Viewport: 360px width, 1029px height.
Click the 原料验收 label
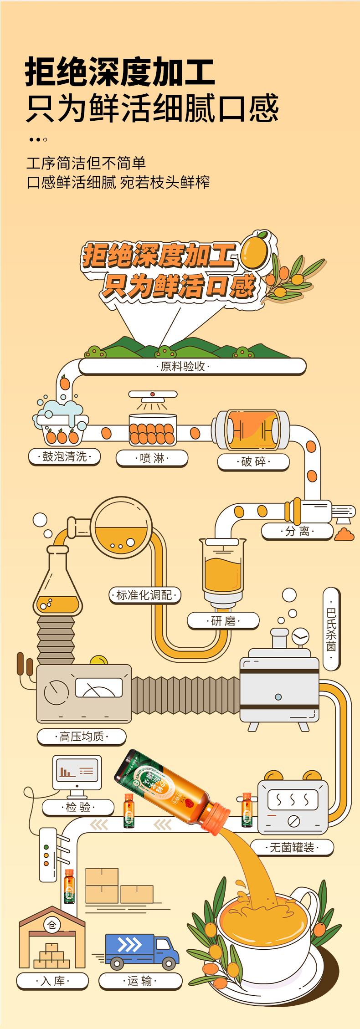(183, 367)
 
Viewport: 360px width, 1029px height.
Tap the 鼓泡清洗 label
(64, 456)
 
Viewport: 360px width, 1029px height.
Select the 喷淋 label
(152, 458)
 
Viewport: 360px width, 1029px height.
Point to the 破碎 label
(253, 461)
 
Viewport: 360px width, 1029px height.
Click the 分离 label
(297, 531)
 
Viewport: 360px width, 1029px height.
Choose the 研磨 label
(223, 621)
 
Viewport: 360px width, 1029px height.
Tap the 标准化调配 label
(145, 595)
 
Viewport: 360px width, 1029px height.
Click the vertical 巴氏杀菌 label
(331, 629)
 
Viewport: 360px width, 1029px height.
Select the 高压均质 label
(82, 737)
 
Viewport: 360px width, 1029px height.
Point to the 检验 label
(78, 808)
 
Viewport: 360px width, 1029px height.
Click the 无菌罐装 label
(292, 848)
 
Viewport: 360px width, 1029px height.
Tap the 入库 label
(52, 981)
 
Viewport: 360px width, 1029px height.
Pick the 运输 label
(140, 981)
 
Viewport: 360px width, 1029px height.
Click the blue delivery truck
(141, 950)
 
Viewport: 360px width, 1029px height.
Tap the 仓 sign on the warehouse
(52, 925)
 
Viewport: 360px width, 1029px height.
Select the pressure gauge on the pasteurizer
(300, 636)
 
